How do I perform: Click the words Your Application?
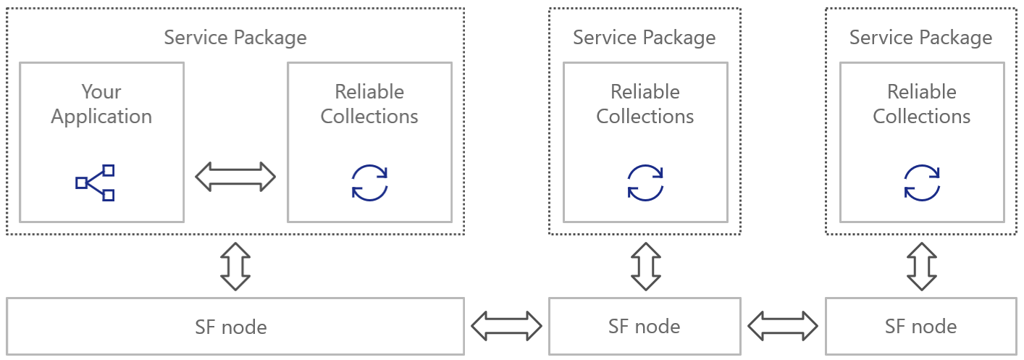tap(101, 104)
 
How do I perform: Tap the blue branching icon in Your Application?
tap(96, 183)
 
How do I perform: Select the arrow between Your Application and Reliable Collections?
tap(236, 177)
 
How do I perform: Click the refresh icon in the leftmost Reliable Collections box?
tap(369, 183)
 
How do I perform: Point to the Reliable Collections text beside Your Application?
tap(369, 104)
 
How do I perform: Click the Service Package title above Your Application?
tap(235, 38)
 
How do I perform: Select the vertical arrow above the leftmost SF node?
tap(235, 266)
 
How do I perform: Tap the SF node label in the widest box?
tap(231, 327)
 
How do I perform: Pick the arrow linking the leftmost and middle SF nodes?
tap(506, 326)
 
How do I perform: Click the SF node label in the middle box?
tap(645, 327)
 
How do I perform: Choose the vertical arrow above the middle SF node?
tap(645, 266)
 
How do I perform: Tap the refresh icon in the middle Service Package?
tap(645, 183)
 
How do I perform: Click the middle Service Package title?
tap(645, 38)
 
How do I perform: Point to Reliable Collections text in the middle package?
tap(645, 104)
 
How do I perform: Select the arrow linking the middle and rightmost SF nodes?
tap(783, 326)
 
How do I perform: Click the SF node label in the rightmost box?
tap(921, 327)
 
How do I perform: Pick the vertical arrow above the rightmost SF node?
tap(922, 266)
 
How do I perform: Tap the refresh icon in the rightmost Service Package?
tap(922, 183)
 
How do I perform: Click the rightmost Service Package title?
tap(921, 38)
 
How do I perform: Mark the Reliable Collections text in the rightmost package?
tap(922, 104)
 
